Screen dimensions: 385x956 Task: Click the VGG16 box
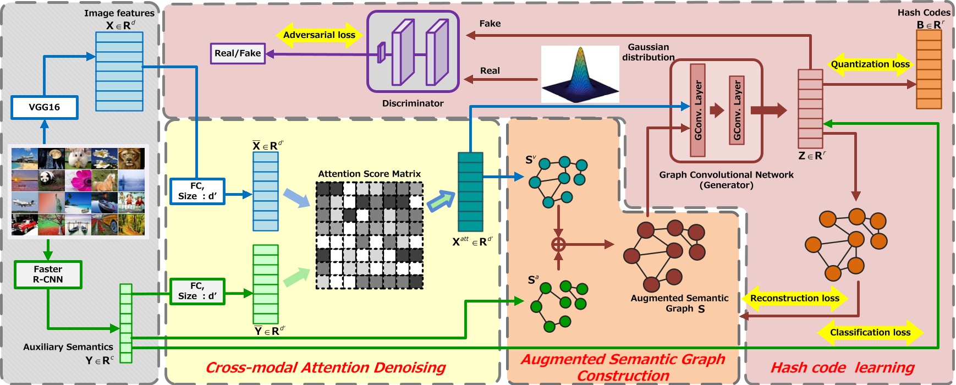[44, 107]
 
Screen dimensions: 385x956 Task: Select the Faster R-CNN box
[48, 274]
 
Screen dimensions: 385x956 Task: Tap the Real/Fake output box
[238, 53]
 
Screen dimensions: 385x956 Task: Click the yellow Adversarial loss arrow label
[319, 35]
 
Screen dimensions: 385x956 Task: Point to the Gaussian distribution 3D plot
[580, 74]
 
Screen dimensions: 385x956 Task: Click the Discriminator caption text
[413, 103]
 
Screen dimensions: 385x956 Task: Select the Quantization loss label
[870, 64]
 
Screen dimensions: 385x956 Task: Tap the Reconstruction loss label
[794, 298]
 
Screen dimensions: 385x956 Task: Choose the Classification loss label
[870, 332]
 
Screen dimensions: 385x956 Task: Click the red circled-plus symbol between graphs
[558, 244]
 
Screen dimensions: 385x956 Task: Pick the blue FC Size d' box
[197, 191]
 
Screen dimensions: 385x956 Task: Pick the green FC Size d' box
[197, 291]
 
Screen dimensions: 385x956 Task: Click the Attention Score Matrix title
[369, 174]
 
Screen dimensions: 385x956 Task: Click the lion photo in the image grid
[131, 158]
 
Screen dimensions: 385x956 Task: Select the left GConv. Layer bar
[697, 110]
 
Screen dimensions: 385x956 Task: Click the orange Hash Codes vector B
[928, 69]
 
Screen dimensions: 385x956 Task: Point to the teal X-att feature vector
[470, 191]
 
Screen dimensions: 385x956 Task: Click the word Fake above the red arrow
[490, 24]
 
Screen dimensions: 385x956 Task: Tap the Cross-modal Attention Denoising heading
[326, 367]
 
